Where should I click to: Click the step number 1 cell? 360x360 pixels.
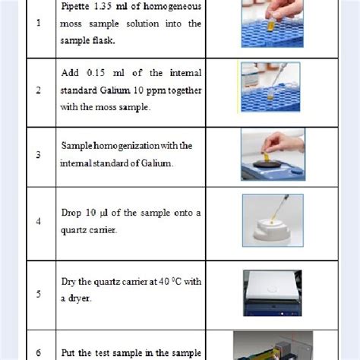(38, 23)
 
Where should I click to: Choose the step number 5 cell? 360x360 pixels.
(38, 289)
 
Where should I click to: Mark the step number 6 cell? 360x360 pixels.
(38, 352)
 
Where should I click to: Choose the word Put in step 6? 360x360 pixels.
(70, 352)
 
